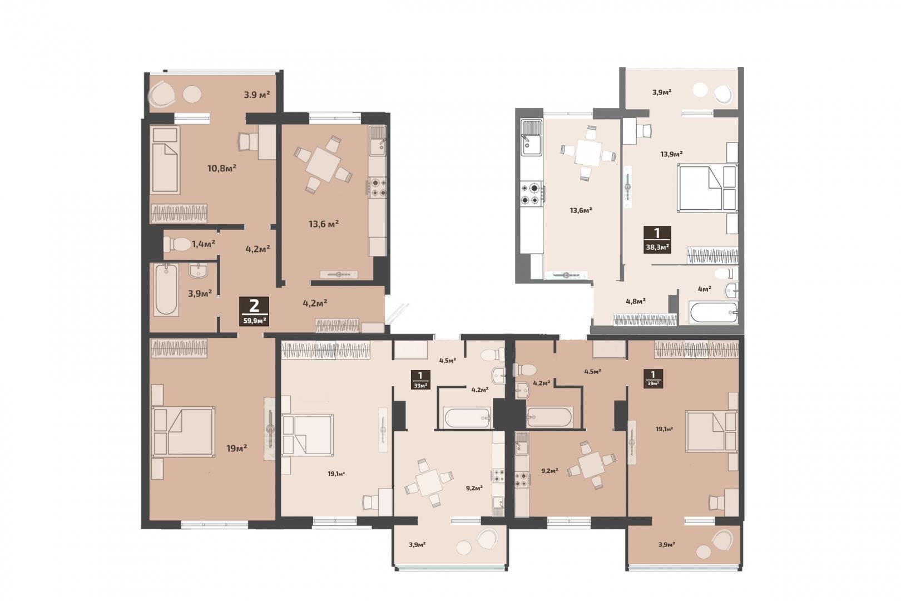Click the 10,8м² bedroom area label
221,168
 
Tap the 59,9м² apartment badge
254,311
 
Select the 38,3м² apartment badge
657,239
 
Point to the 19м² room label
236,447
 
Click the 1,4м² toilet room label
203,244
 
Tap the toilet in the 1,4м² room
177,244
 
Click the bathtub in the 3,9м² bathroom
166,290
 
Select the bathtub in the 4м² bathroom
713,313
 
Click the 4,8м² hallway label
636,301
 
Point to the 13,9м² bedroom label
671,154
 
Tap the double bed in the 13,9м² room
707,188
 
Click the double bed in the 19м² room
182,432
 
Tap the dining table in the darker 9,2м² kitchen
591,465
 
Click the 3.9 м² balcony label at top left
256,95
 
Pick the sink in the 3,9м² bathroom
198,270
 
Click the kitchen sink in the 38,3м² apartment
531,137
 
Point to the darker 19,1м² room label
665,428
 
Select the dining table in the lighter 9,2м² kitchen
429,482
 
